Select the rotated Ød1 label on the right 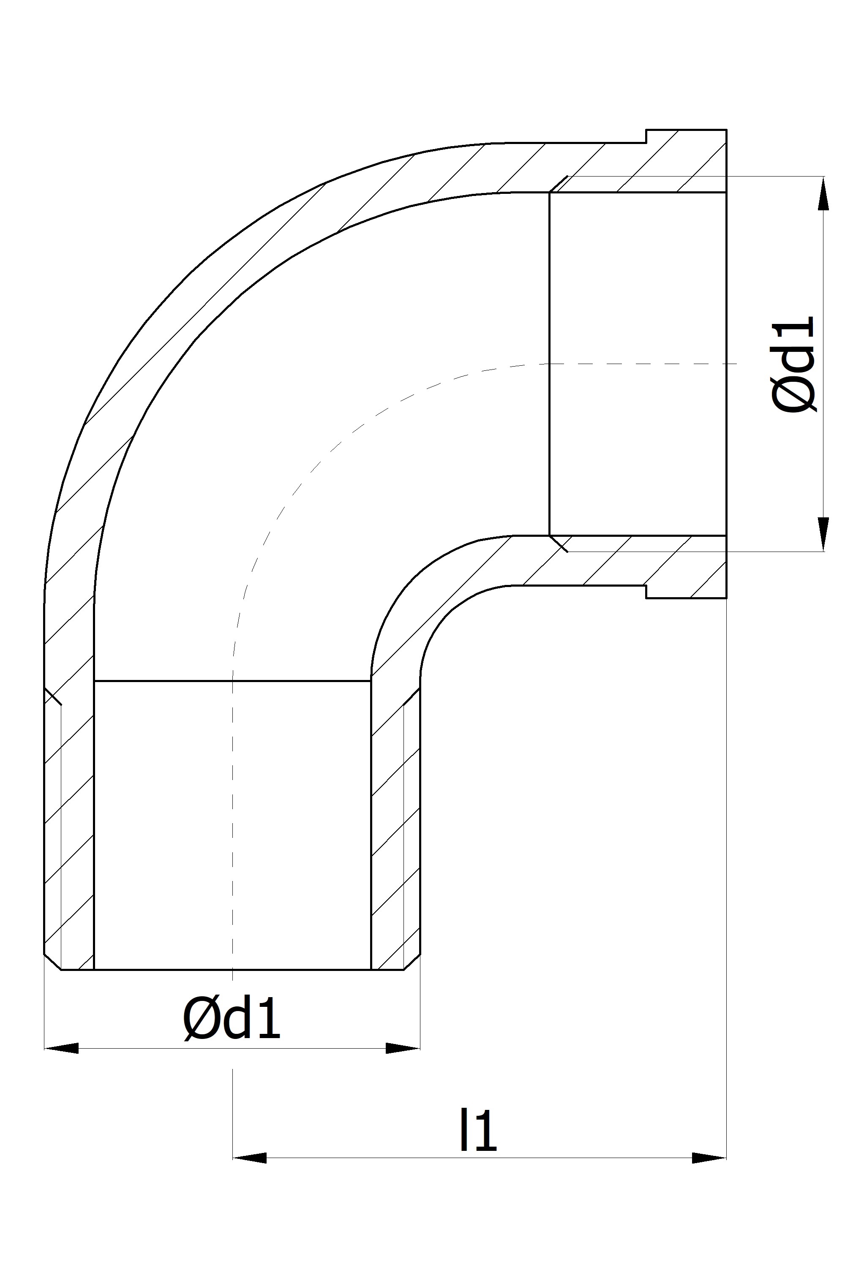click(794, 365)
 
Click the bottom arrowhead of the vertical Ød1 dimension click(823, 534)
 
